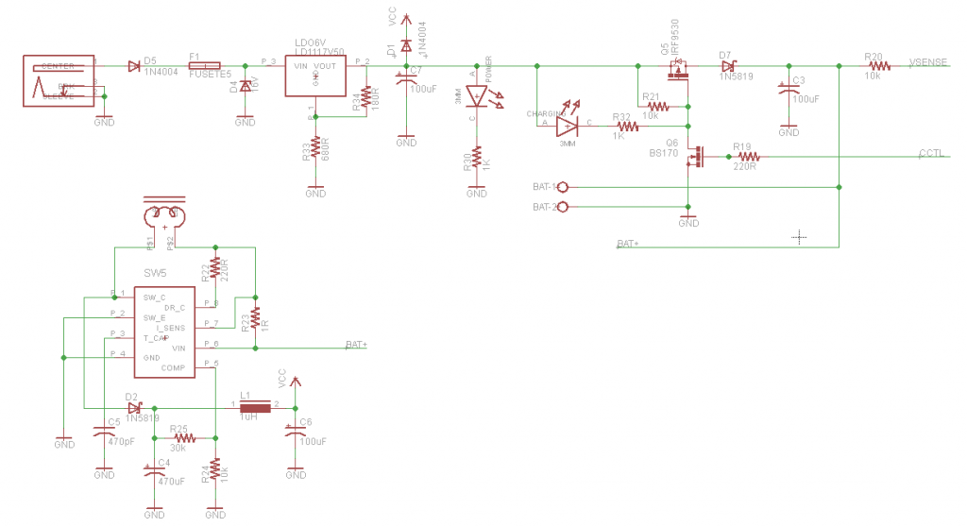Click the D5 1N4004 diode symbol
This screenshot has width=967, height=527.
coord(133,66)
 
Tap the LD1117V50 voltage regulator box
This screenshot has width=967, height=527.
coord(314,76)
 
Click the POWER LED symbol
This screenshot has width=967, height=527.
coord(478,95)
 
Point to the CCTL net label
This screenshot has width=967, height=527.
coord(930,153)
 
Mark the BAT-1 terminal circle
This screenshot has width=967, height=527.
coord(564,188)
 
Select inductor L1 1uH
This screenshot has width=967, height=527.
coord(254,406)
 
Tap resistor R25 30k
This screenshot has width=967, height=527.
coord(183,438)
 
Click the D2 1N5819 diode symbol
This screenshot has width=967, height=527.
coord(133,407)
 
